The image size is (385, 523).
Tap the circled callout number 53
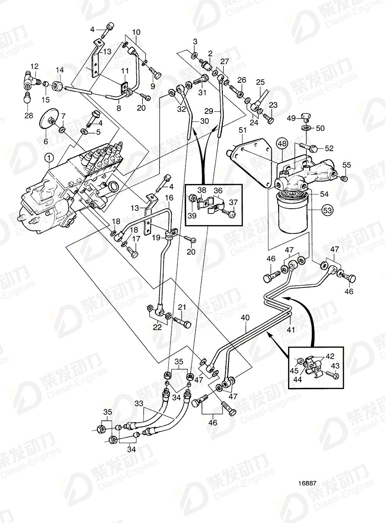(x=328, y=211)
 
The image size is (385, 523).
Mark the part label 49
(x=292, y=118)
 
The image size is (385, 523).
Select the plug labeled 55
(x=344, y=178)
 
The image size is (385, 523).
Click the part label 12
(x=34, y=66)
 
